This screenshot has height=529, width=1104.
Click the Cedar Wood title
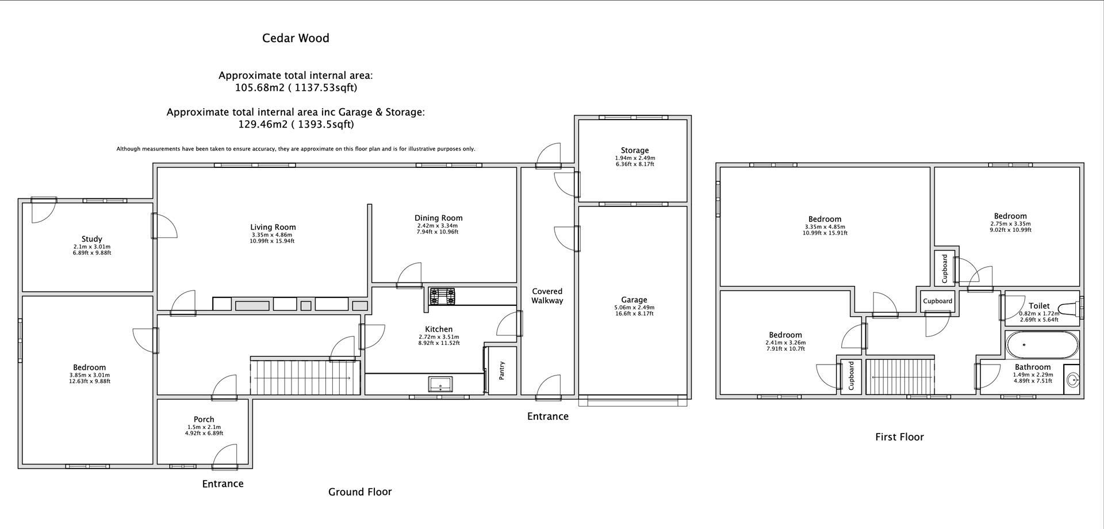click(296, 39)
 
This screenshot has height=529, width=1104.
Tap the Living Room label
click(273, 227)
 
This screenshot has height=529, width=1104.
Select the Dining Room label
click(438, 218)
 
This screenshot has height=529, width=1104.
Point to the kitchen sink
click(440, 384)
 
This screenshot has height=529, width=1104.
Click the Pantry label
click(501, 370)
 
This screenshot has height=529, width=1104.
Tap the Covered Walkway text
click(547, 296)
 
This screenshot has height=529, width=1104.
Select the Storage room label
click(634, 150)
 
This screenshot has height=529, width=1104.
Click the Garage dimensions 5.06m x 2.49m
click(634, 308)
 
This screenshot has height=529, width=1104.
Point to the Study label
click(91, 239)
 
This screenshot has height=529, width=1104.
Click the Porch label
click(204, 419)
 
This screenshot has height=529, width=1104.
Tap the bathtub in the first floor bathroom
click(1042, 345)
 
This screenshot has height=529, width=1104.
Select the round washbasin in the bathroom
click(1072, 380)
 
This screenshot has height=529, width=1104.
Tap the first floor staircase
click(899, 377)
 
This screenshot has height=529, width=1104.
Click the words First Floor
click(899, 437)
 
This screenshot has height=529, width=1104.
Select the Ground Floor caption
click(360, 492)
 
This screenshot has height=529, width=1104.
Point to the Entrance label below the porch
click(223, 484)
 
